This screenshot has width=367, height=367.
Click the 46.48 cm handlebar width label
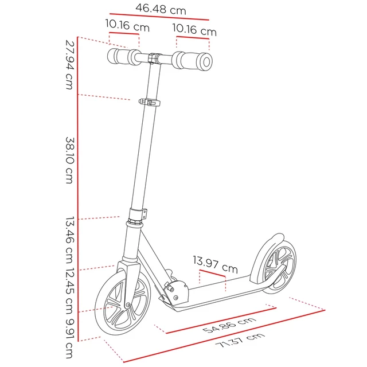161,9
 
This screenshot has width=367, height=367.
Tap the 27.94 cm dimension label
70,65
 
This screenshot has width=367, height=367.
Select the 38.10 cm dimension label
70,161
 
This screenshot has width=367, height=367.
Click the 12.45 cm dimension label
70,291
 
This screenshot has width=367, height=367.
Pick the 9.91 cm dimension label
70,338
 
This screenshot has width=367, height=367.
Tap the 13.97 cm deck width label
216,264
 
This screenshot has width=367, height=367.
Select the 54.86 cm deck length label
229,325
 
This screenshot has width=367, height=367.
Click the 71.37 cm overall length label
240,340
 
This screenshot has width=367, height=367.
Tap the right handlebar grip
193,61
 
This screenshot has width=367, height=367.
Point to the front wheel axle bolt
128,304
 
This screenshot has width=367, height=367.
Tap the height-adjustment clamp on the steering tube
149,103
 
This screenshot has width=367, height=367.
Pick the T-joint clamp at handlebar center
154,58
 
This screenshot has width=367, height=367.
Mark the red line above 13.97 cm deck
212,274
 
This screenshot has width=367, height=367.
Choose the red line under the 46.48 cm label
159,17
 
